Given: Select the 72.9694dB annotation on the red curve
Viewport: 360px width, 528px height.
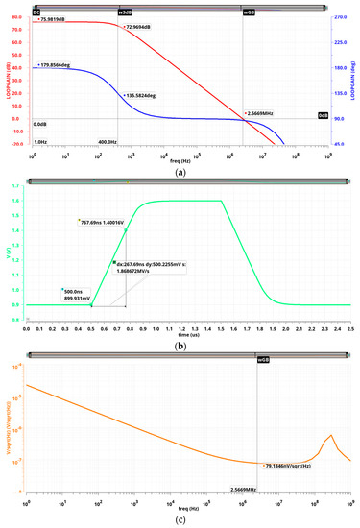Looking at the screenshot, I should pos(142,28).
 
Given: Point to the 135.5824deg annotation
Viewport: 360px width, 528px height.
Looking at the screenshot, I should pos(145,97).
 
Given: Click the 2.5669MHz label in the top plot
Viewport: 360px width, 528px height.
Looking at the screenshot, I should pos(264,113).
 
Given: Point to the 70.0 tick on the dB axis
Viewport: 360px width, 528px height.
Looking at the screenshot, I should pos(16,30).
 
